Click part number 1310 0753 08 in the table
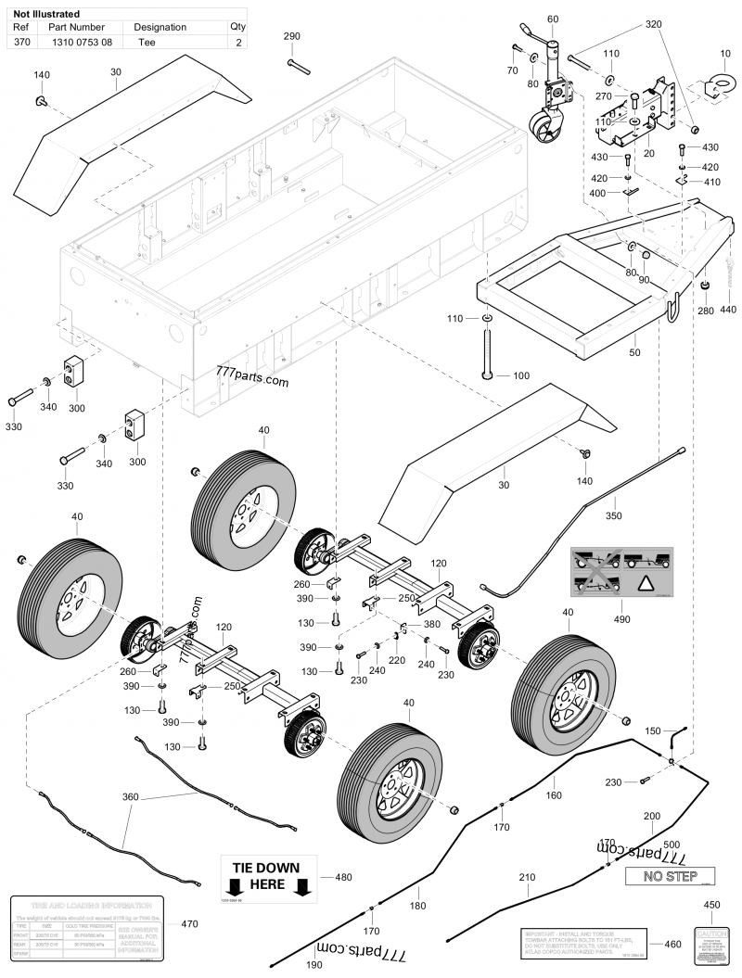pyautogui.click(x=82, y=43)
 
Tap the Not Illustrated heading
pyautogui.click(x=45, y=15)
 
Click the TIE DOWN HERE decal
pyautogui.click(x=266, y=877)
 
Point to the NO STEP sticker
pyautogui.click(x=667, y=876)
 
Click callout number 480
pyautogui.click(x=343, y=876)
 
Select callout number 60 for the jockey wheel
pyautogui.click(x=554, y=19)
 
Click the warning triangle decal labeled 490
pyautogui.click(x=614, y=579)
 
